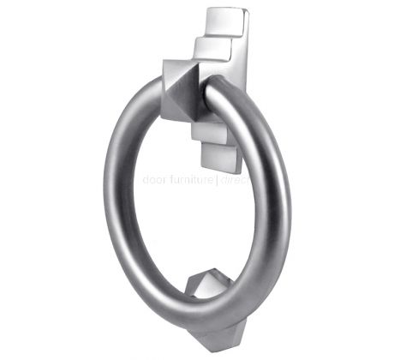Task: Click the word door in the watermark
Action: [157, 181]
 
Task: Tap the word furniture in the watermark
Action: [191, 181]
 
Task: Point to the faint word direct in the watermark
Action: [234, 181]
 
